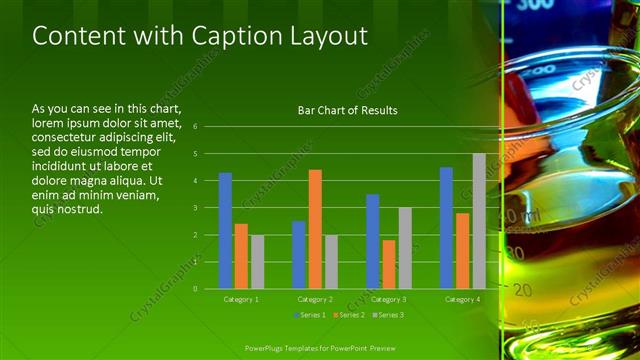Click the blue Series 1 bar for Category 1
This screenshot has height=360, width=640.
click(x=225, y=230)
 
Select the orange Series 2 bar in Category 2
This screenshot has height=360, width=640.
click(x=315, y=229)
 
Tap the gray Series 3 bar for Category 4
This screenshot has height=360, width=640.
click(x=479, y=221)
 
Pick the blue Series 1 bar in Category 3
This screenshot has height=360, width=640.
click(x=373, y=241)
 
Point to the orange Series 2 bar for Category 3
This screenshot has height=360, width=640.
click(x=389, y=264)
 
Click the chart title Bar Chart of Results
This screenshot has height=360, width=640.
click(x=347, y=110)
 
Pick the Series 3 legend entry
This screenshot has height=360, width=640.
click(x=388, y=315)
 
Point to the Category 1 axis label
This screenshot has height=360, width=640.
click(x=240, y=299)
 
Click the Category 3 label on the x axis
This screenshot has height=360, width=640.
click(x=388, y=299)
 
